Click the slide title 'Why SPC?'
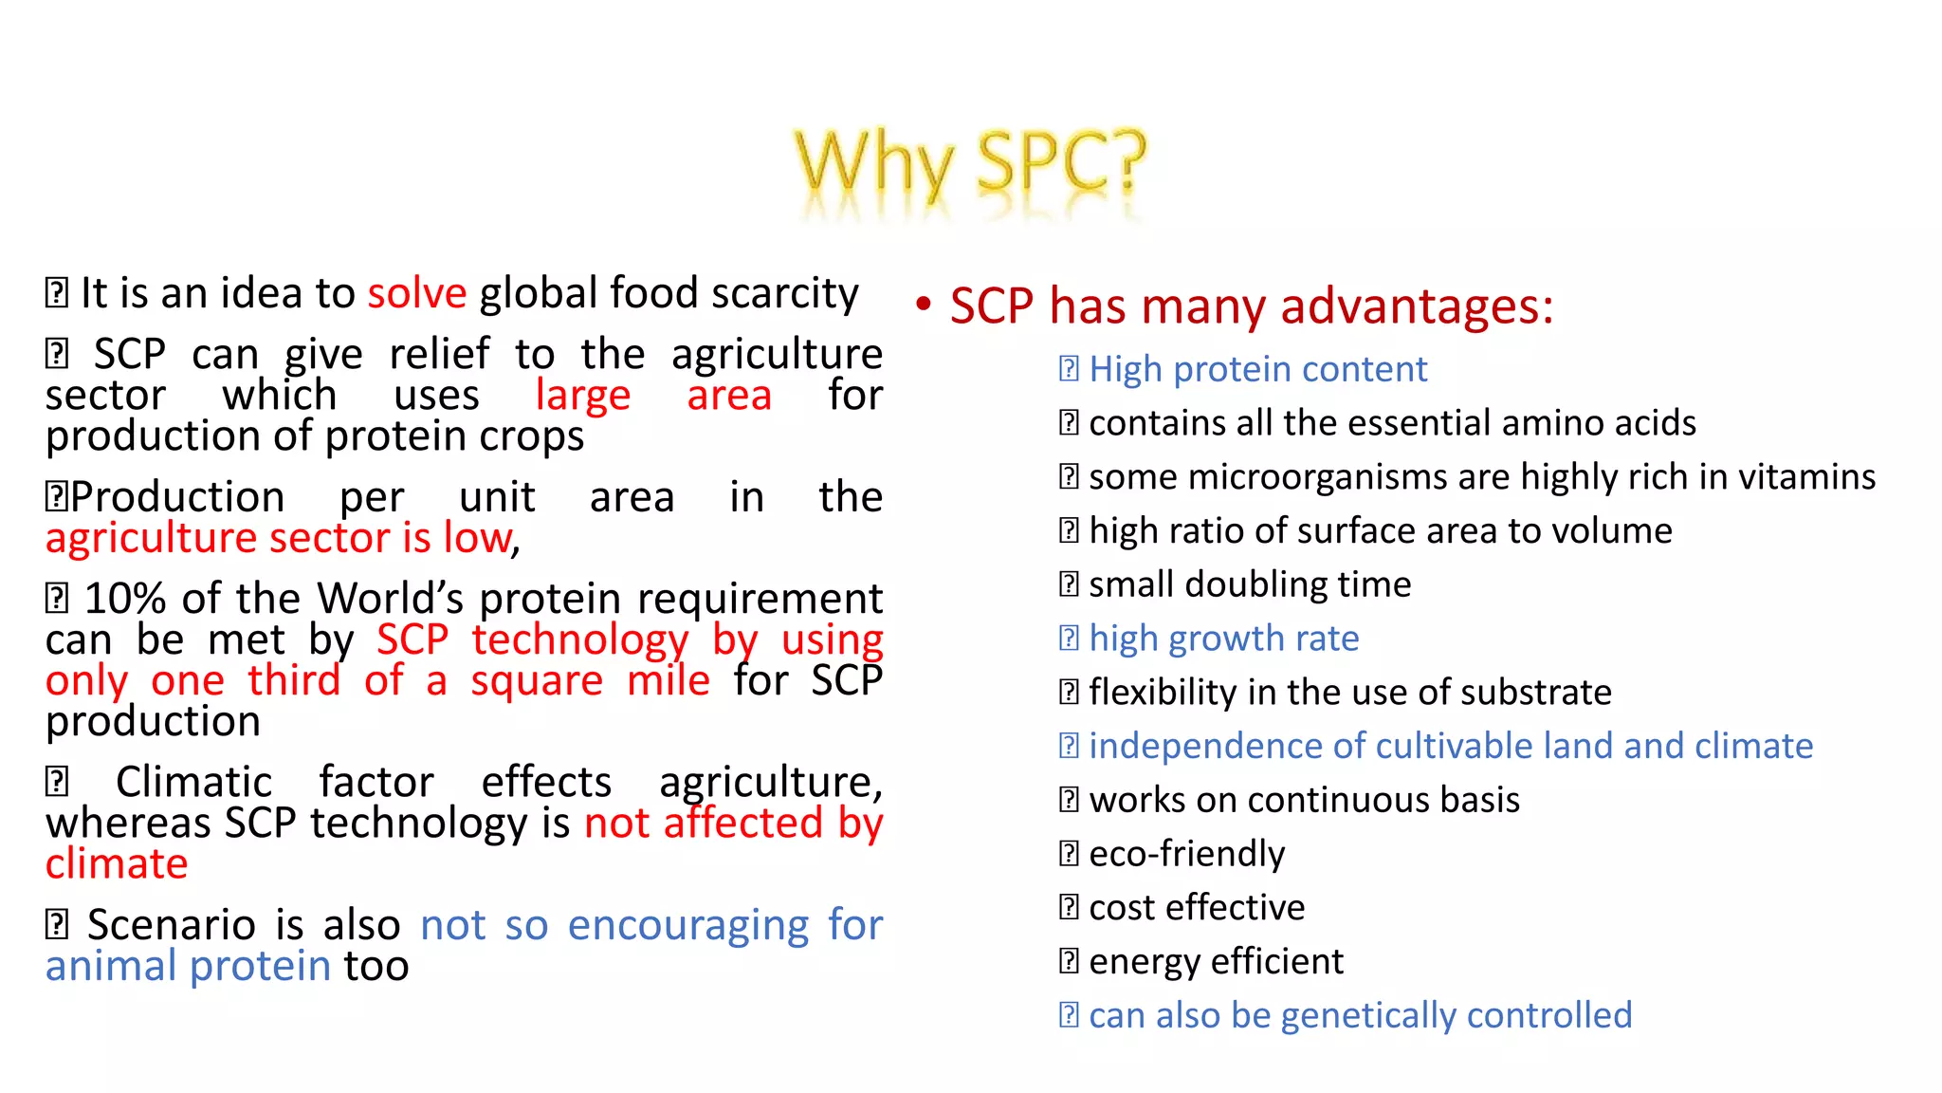[969, 164]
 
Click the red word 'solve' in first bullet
[417, 293]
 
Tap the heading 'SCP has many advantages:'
[1251, 306]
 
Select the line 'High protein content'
[1256, 369]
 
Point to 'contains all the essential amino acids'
[1391, 423]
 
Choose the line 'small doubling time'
[1249, 584]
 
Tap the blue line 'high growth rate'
[1223, 639]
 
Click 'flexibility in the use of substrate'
[1349, 693]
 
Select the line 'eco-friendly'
[1186, 854]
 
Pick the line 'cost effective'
[1196, 908]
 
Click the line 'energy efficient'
[1216, 962]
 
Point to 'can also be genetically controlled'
[1360, 1016]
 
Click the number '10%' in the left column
[124, 600]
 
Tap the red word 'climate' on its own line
[117, 864]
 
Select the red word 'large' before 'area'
[582, 396]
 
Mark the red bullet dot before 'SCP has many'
[924, 305]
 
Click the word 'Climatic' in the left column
[193, 783]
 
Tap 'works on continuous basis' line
[1303, 800]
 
